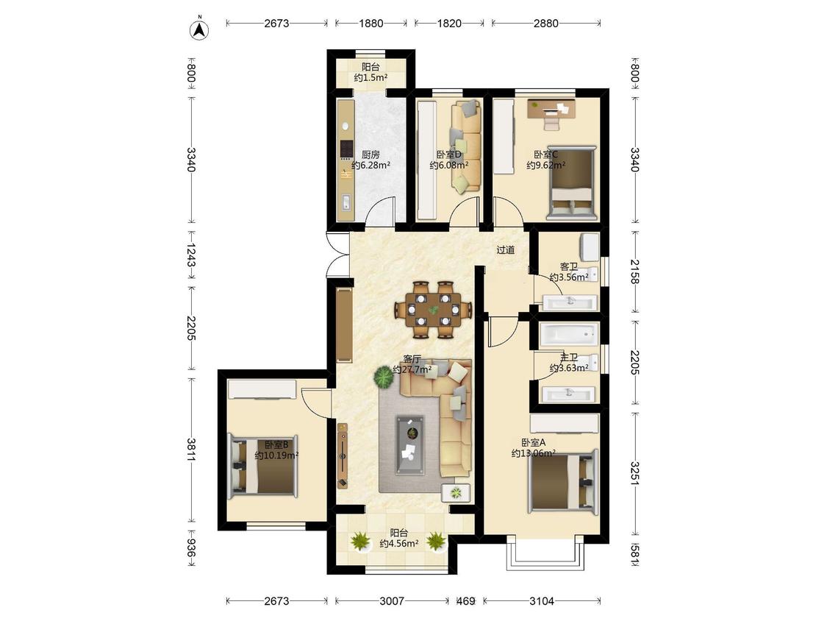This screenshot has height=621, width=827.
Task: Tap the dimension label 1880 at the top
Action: point(370,24)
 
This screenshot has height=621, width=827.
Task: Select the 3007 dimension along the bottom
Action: point(392,601)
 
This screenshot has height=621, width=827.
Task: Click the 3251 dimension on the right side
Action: point(635,474)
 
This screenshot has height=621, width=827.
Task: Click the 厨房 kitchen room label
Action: point(370,155)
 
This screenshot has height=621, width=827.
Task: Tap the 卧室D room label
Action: point(449,155)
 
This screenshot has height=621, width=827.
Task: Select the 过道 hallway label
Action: point(505,249)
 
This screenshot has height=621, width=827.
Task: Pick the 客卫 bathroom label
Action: point(568,266)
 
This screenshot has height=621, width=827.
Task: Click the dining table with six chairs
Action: point(433,310)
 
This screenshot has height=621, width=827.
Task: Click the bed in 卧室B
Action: point(263,465)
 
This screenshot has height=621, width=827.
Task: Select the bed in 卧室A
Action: point(564,481)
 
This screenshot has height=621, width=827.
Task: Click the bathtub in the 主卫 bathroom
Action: point(568,334)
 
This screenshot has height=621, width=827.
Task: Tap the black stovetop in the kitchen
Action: point(346,149)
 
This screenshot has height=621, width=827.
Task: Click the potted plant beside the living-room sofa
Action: point(384,377)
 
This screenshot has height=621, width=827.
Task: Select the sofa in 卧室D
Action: point(465,146)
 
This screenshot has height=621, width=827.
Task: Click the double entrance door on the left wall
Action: point(337,255)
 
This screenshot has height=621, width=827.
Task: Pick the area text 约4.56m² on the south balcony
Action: point(399,543)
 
